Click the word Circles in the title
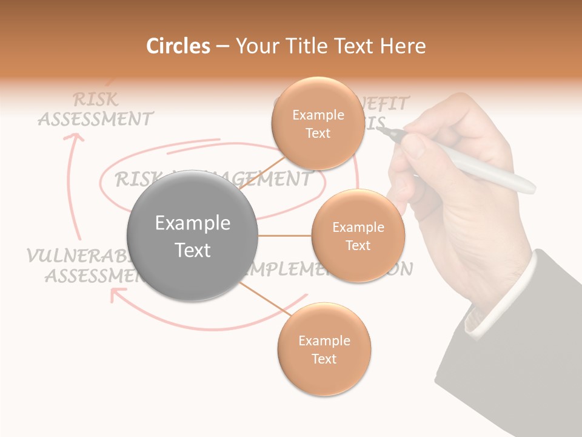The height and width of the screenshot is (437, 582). (x=178, y=46)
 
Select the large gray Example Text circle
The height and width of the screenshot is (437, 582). (x=192, y=235)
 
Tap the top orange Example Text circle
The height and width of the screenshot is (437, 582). (x=318, y=123)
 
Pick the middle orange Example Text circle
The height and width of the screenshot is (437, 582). (x=358, y=235)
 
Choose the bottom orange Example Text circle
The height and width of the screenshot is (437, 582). (x=324, y=349)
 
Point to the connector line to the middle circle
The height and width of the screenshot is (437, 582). (x=285, y=235)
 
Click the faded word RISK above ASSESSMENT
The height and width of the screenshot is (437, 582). (x=95, y=99)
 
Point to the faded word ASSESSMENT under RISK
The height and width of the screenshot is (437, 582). (x=95, y=118)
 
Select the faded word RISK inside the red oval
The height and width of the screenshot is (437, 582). (x=136, y=179)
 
